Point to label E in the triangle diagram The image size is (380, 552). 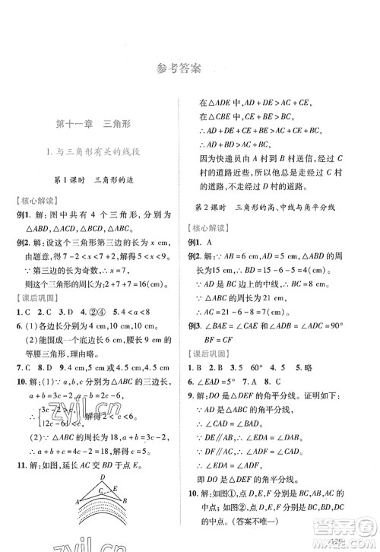pyautogui.click(x=113, y=489)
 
